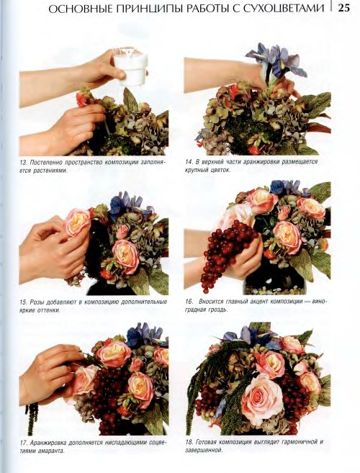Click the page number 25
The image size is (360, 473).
pyautogui.click(x=343, y=7)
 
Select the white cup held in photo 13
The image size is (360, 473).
pyautogui.click(x=130, y=66)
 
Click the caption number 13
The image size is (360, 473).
pyautogui.click(x=23, y=162)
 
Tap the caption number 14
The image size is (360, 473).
pyautogui.click(x=189, y=162)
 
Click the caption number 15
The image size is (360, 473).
pyautogui.click(x=23, y=302)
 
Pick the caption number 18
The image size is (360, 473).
pyautogui.click(x=189, y=442)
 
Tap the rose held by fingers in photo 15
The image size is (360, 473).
pyautogui.click(x=77, y=222)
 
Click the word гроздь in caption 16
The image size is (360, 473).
pyautogui.click(x=218, y=310)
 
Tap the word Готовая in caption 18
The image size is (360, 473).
pyautogui.click(x=206, y=442)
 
